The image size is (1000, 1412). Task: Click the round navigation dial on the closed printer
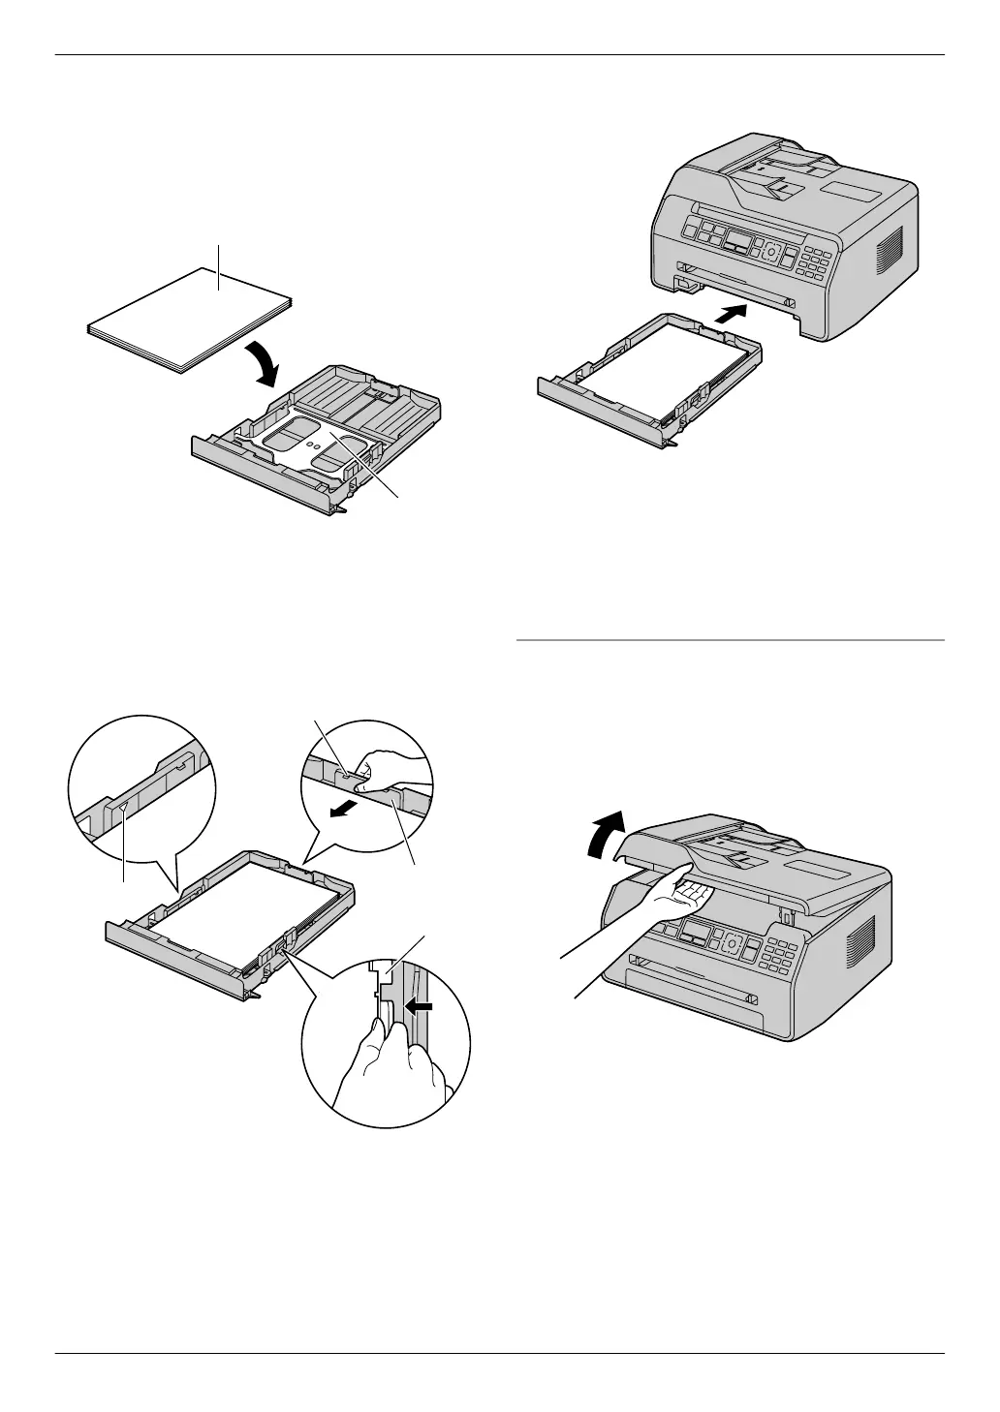771,251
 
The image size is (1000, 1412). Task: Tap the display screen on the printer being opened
696,933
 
